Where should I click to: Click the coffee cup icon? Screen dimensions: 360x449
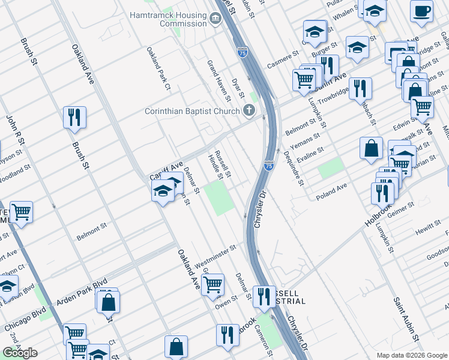coord(421,11)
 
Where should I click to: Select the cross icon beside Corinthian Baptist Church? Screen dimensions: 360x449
coord(249,110)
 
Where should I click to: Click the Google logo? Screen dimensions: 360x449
coord(20,353)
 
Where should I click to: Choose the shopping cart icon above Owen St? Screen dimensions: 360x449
coord(212,284)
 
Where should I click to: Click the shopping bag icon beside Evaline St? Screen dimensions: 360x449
coord(372,148)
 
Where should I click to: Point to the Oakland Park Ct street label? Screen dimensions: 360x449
coord(159,70)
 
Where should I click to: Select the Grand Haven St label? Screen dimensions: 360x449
coord(219,80)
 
